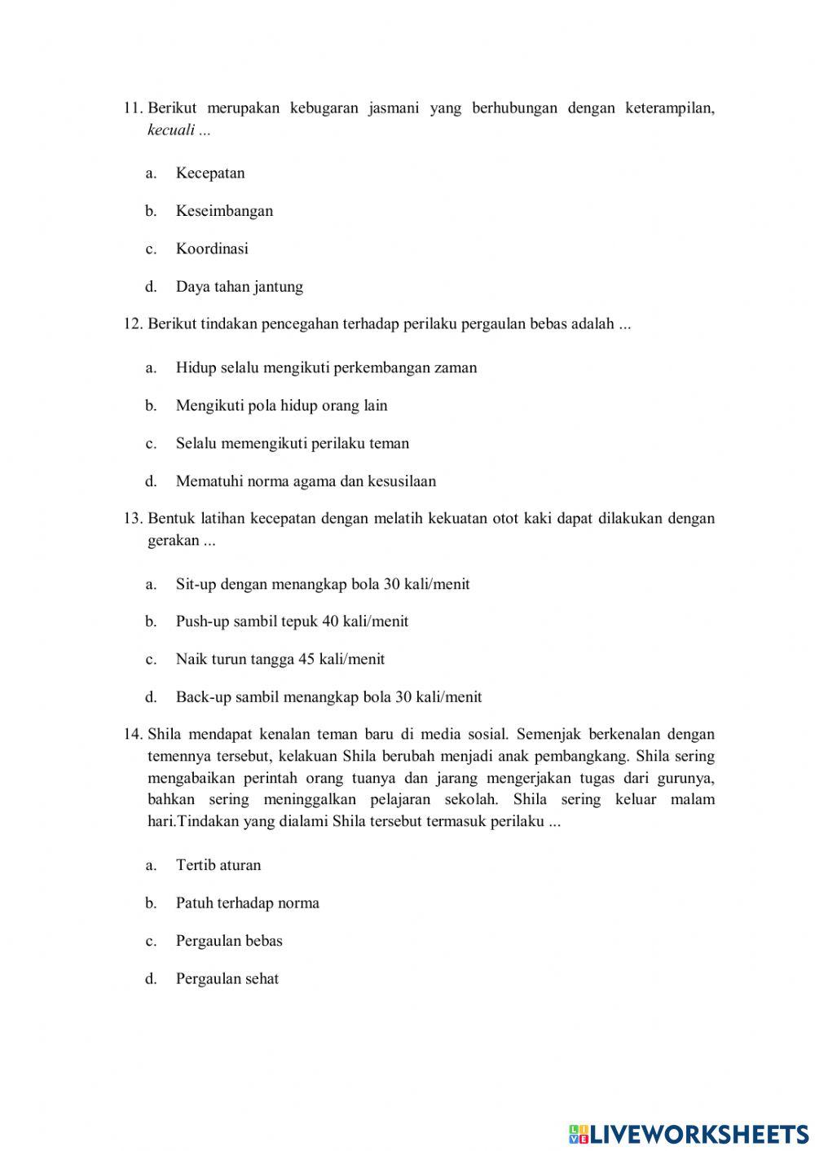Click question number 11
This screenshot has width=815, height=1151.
(133, 108)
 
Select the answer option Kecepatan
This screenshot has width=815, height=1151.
(210, 173)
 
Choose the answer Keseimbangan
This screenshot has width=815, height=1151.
(224, 211)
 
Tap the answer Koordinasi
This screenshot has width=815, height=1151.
(212, 248)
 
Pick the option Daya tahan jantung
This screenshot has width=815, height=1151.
(239, 287)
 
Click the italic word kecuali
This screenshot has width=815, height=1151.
(171, 130)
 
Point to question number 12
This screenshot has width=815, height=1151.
(133, 324)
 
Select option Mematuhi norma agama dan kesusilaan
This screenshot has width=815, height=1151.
(306, 481)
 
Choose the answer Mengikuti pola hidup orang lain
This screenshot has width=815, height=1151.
(281, 406)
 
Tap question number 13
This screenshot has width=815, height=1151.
(133, 519)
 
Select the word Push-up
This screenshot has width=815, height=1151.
(202, 622)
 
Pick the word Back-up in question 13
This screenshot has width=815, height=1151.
(203, 697)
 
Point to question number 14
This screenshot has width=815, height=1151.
(133, 735)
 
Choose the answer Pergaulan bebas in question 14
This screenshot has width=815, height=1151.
(229, 941)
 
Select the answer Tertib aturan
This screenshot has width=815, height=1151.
(218, 865)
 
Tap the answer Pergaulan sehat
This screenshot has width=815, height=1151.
(227, 979)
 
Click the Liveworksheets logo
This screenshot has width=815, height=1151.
(689, 1133)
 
